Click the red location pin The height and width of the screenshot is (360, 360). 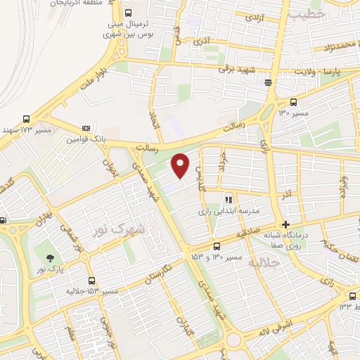click(181, 165)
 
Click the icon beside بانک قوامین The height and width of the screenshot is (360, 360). click(86, 129)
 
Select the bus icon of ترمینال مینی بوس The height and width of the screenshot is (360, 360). click(127, 13)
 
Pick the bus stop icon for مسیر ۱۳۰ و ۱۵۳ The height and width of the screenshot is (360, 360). click(217, 246)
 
